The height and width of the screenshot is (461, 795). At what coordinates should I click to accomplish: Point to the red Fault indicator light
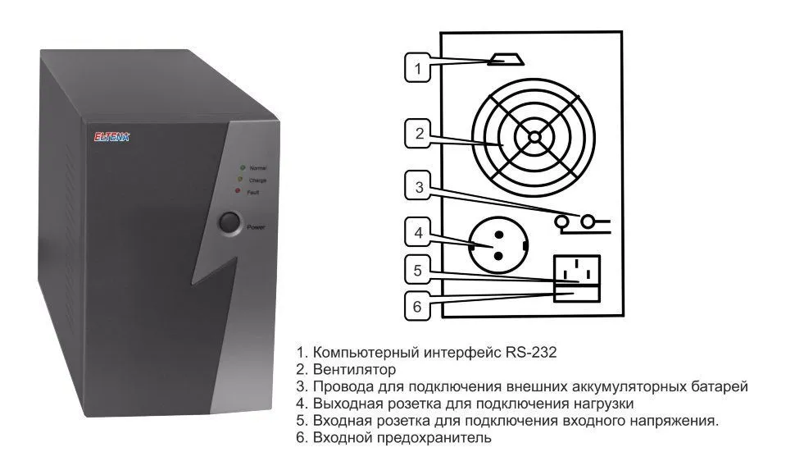[x=238, y=191]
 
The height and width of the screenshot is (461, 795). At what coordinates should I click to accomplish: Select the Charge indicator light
[x=239, y=179]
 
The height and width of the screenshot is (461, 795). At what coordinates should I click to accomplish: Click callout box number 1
[x=418, y=68]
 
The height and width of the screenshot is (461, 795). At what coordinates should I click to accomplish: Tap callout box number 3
[x=418, y=187]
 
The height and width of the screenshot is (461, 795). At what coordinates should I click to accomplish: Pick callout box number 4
[x=418, y=233]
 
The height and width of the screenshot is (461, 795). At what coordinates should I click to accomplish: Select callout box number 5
[x=418, y=270]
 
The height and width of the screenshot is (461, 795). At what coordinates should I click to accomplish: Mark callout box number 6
[x=418, y=306]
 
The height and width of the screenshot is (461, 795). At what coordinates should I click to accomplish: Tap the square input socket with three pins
[x=578, y=268]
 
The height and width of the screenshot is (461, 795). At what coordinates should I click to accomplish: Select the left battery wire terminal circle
[x=563, y=221]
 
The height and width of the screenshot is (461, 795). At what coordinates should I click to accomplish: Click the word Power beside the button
[x=257, y=226]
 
